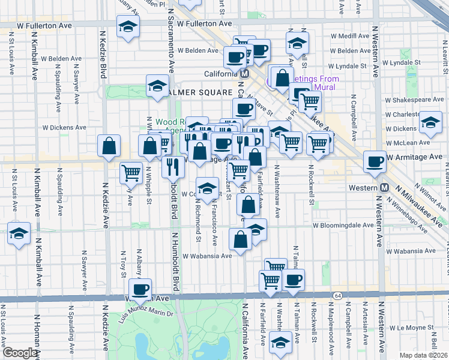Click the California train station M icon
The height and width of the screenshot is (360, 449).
pos(244,74)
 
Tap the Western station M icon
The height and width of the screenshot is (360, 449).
pos(384,188)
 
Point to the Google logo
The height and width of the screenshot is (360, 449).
pos(20,353)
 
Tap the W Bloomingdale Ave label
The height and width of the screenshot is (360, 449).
pos(343,226)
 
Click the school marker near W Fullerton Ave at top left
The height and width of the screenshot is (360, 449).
pos(128,27)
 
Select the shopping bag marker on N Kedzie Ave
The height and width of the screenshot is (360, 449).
pos(109,146)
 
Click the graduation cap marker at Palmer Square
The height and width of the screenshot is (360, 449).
pos(157,86)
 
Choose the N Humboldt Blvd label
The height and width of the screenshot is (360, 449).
pos(176,258)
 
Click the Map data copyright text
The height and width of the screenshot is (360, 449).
pos(424,355)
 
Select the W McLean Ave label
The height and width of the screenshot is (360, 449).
pos(409,142)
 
